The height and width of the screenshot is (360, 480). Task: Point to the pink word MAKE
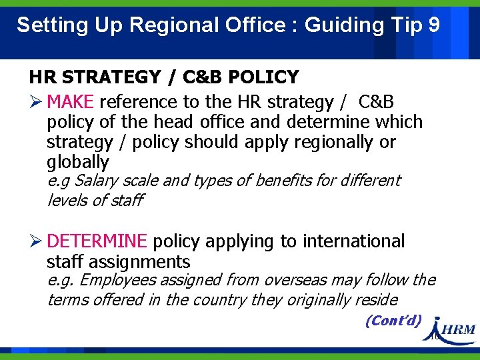72,102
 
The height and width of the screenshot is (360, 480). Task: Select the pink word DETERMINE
97,241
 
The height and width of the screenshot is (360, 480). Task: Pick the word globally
77,162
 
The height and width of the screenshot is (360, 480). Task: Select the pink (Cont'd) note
393,321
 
